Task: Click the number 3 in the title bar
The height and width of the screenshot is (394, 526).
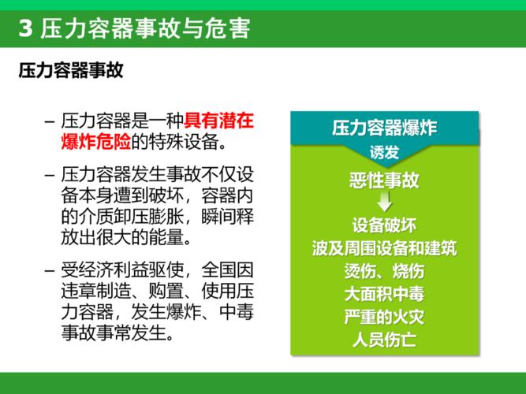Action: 24,29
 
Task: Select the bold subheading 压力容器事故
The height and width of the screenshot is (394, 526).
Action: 72,72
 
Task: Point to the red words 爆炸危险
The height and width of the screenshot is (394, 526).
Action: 95,142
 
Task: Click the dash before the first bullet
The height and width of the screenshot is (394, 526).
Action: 50,122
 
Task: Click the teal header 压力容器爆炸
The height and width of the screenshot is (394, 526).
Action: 384,127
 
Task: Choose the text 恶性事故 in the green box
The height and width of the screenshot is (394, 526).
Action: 384,180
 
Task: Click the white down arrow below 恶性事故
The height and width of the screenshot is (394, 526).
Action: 384,202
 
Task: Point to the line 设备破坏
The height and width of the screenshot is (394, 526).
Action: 384,224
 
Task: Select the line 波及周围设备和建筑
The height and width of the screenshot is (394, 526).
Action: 384,247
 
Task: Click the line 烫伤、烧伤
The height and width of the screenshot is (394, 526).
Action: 384,271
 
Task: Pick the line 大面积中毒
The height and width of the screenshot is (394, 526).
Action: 384,295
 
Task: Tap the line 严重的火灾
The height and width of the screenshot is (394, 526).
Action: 384,318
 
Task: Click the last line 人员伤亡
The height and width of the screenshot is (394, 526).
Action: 384,341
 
